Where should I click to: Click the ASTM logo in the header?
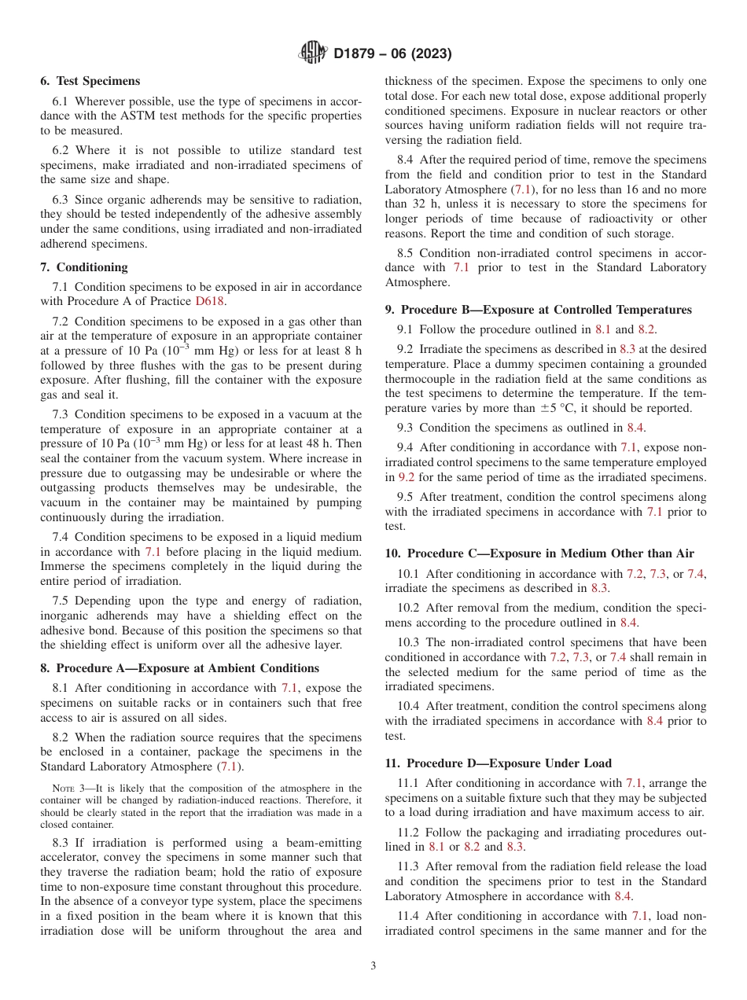[x=313, y=53]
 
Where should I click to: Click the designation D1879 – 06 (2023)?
[x=392, y=53]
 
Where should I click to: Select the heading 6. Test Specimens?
[x=90, y=81]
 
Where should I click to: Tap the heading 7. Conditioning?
[x=84, y=267]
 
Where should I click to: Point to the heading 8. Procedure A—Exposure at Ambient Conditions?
[x=180, y=668]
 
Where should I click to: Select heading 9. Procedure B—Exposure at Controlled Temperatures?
[x=539, y=310]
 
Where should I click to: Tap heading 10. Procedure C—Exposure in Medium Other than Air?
[x=539, y=553]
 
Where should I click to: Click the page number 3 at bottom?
[x=373, y=965]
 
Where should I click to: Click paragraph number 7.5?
[x=61, y=601]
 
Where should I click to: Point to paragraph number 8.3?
[x=61, y=842]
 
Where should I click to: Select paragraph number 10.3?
[x=407, y=642]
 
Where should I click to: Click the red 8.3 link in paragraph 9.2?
[x=628, y=349]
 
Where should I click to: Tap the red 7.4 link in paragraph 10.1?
[x=695, y=574]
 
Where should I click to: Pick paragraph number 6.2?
[x=61, y=150]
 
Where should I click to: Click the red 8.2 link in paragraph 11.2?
[x=472, y=847]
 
